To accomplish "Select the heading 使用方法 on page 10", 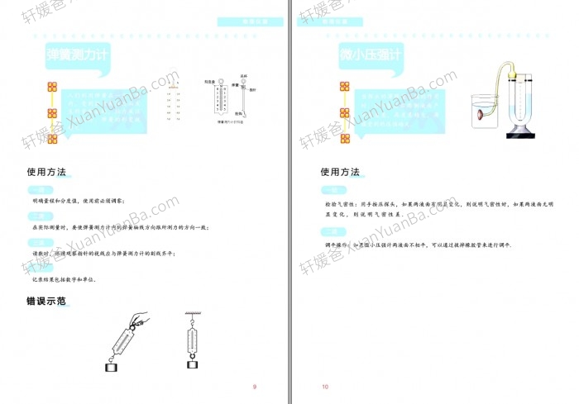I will (340, 173).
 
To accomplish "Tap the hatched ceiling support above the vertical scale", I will (194, 313).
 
